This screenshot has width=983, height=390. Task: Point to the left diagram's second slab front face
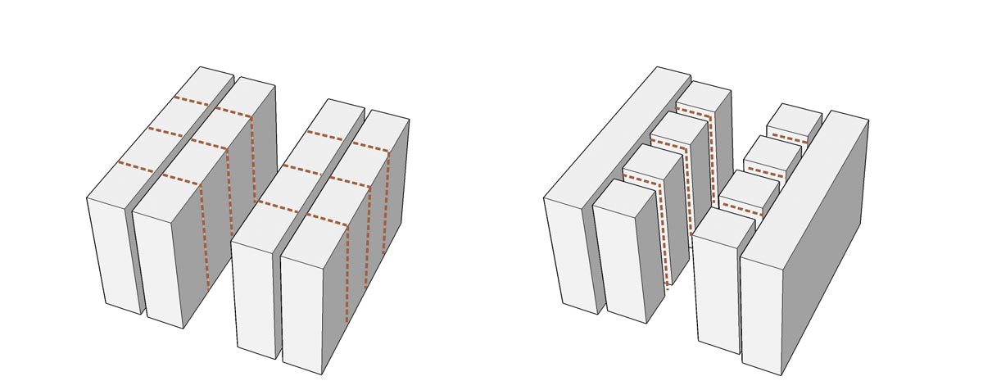pyautogui.click(x=159, y=266)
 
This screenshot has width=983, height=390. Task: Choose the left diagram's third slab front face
pyautogui.click(x=254, y=299)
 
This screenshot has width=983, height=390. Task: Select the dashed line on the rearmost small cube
pyautogui.click(x=788, y=138)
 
